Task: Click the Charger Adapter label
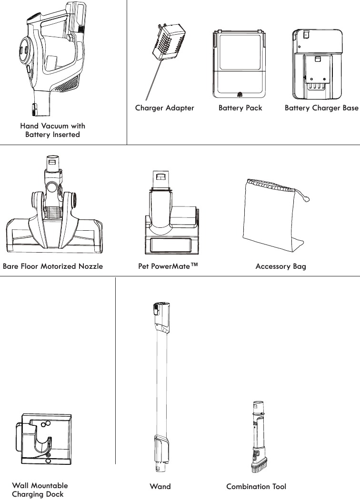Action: click(164, 108)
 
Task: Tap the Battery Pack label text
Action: click(240, 108)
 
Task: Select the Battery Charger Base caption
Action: click(321, 108)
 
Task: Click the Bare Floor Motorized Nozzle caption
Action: click(53, 266)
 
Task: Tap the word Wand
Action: click(160, 487)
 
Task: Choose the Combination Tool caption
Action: click(256, 487)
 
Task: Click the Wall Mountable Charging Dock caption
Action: click(40, 490)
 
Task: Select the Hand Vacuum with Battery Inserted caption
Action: click(52, 130)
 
